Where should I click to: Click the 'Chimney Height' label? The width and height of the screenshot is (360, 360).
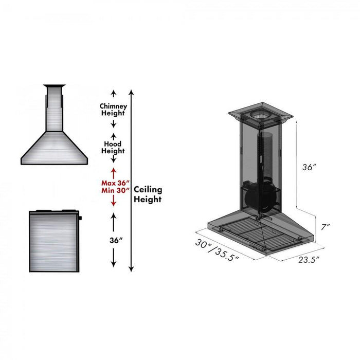tap(113, 109)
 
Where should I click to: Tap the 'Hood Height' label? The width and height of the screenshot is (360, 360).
tap(113, 148)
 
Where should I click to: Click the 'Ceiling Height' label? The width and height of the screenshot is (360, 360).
tap(148, 194)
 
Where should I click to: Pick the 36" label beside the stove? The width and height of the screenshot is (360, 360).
tap(113, 240)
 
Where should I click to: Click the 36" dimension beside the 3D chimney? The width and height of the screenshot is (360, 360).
tap(309, 167)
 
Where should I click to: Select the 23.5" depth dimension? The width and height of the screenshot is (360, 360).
tap(309, 259)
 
